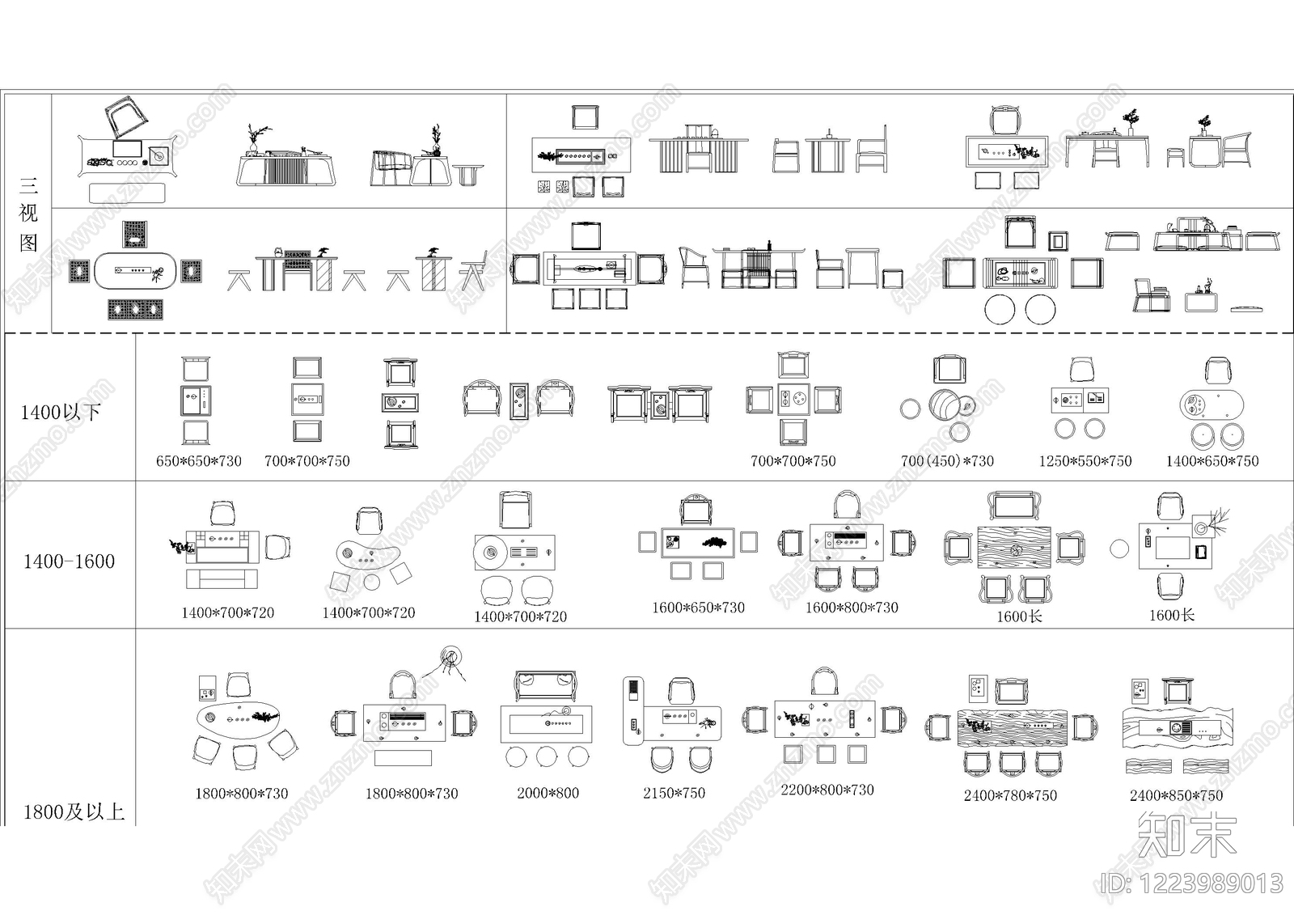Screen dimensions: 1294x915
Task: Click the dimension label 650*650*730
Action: point(199,461)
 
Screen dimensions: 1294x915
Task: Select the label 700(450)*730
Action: point(947,461)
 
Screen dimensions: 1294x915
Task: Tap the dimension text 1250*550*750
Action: point(1085,461)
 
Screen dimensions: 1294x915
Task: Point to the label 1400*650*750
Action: point(1212,461)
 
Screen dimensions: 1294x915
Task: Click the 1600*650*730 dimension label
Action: point(699,608)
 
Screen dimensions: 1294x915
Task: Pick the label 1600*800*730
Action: point(852,608)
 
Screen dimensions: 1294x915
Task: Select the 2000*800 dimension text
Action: point(548,793)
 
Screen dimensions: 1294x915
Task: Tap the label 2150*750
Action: point(674,793)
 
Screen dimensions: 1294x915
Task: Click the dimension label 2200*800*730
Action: point(827,790)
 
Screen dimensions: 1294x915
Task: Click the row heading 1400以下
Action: point(61,413)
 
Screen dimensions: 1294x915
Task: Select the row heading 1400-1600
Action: point(69,561)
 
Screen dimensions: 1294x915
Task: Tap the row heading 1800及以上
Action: point(74,812)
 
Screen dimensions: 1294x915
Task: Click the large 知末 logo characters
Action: point(1186,833)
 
